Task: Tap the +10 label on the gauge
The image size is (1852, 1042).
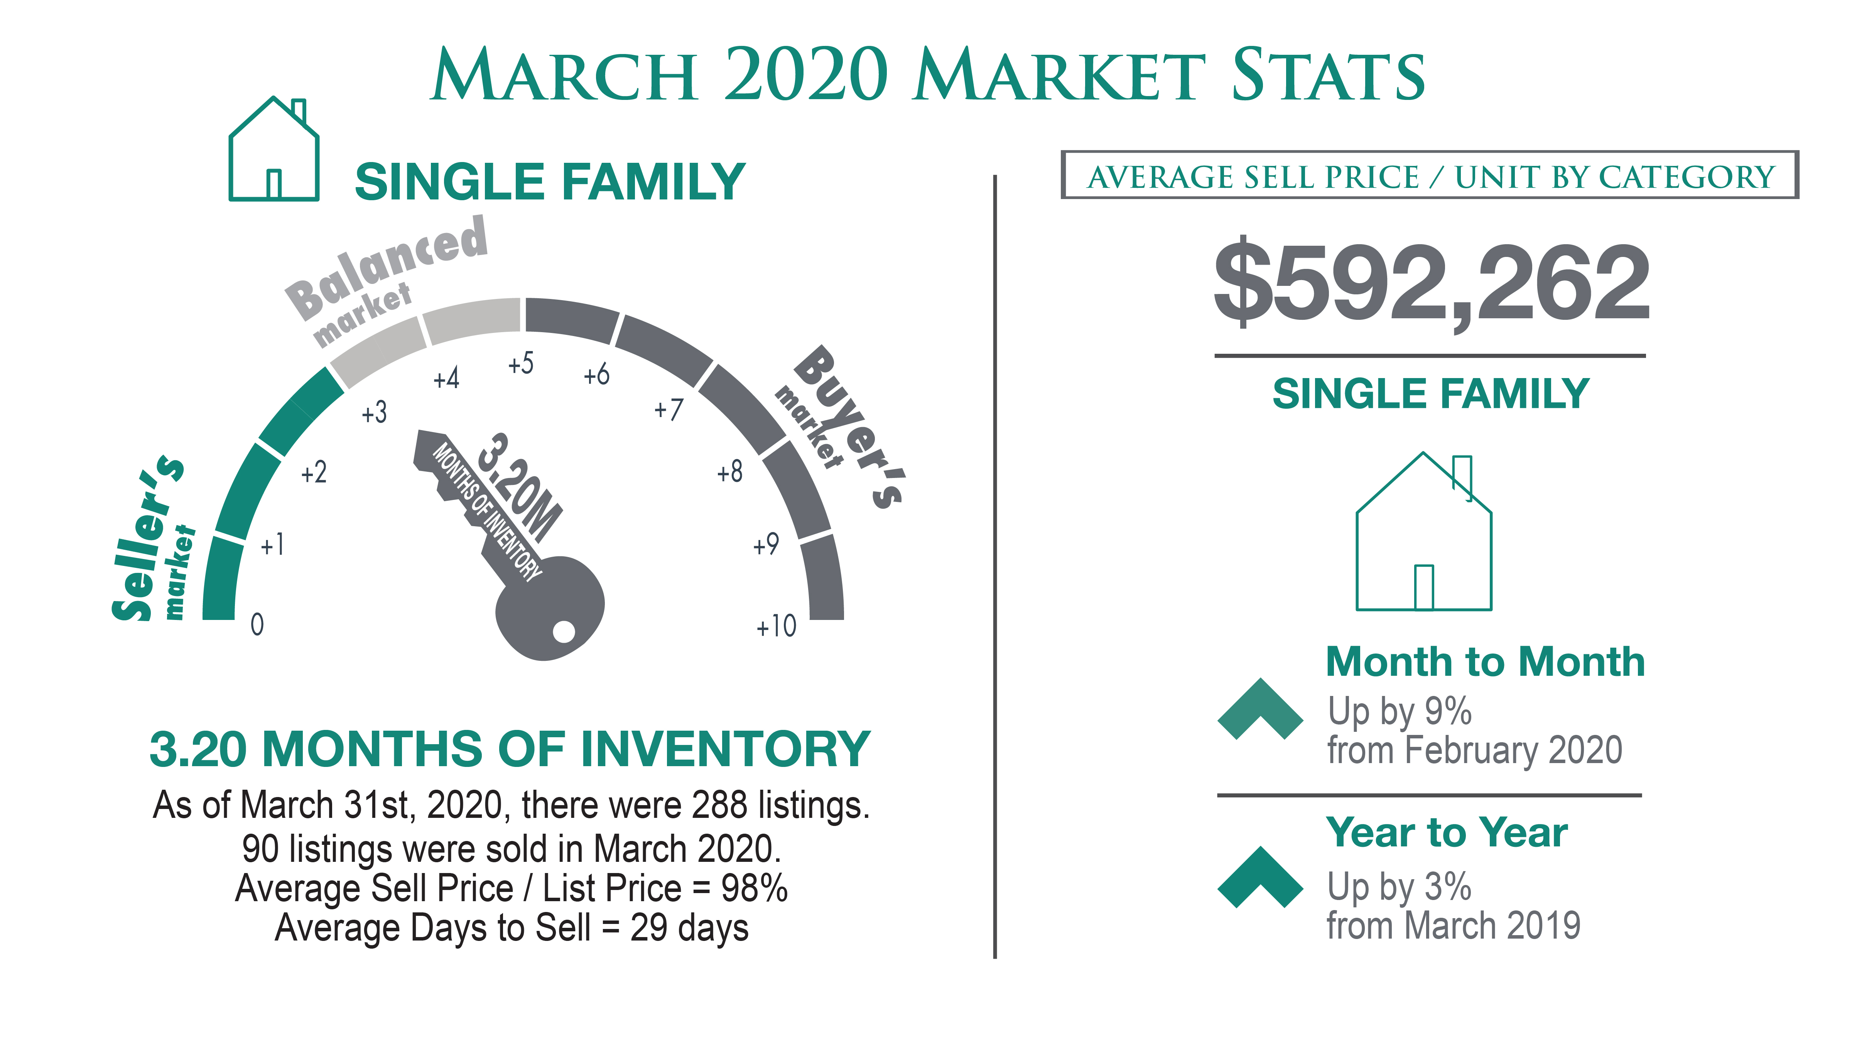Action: (x=777, y=627)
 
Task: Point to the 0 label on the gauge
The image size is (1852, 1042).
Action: (x=257, y=624)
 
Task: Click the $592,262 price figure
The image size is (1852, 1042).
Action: (x=1432, y=283)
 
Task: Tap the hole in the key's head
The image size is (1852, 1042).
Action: (x=564, y=632)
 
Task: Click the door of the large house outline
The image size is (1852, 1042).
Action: (x=1423, y=588)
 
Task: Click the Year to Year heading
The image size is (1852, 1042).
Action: (x=1447, y=833)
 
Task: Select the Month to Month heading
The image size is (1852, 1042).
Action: (x=1485, y=662)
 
